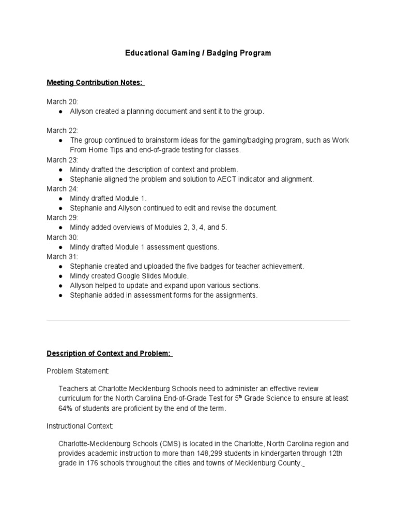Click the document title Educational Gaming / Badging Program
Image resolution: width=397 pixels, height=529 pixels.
198,53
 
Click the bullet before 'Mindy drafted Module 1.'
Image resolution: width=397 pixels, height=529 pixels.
61,198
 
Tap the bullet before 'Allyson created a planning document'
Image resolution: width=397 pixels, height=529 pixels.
61,112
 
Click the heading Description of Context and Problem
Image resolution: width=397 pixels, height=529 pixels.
110,353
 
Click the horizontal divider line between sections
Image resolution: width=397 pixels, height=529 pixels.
198,320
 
